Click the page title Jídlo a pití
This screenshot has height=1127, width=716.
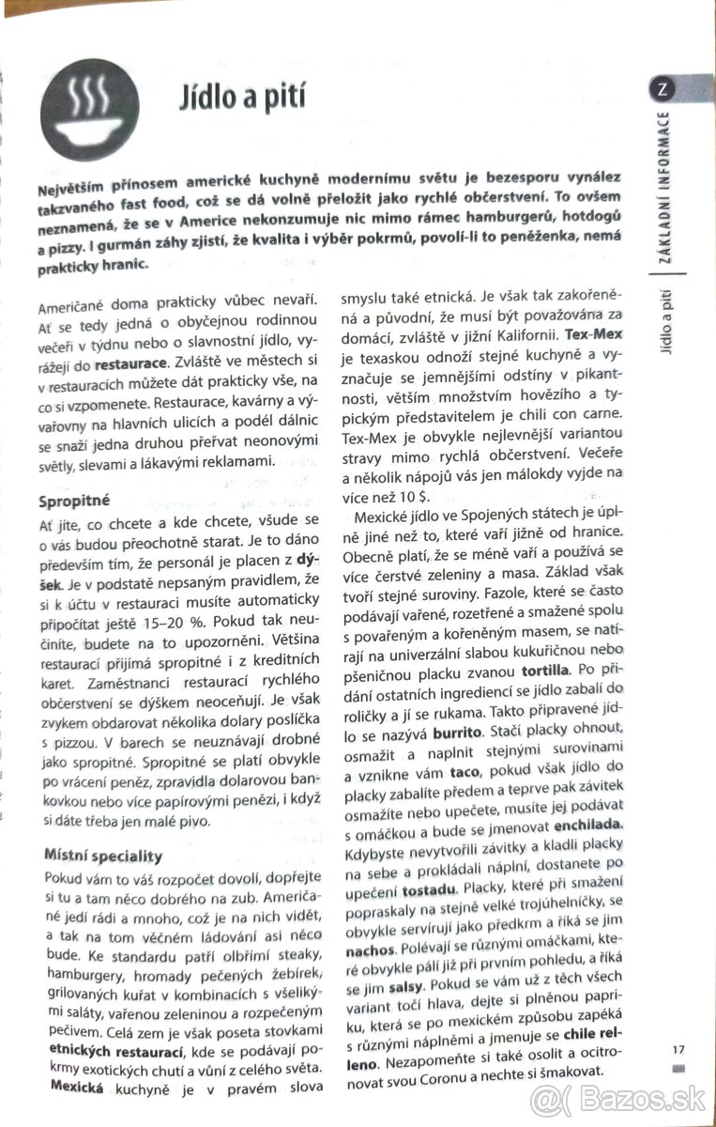click(243, 100)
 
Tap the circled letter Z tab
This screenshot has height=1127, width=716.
click(662, 90)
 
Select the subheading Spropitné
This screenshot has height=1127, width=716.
click(74, 500)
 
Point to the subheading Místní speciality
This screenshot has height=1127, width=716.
click(103, 856)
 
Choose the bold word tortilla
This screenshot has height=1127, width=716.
click(544, 671)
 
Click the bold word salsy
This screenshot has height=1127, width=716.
click(404, 989)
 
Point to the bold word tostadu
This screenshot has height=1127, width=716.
click(428, 888)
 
